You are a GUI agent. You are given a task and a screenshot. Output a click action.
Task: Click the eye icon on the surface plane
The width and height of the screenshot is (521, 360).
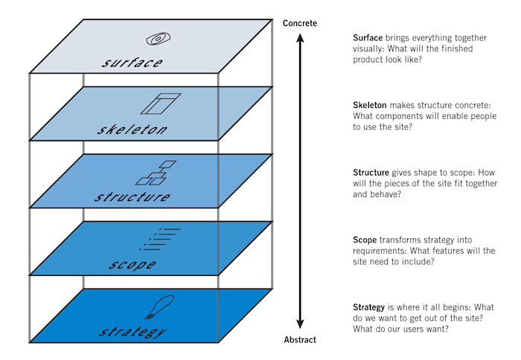click(159, 38)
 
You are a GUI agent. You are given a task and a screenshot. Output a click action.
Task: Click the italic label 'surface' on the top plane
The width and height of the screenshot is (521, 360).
click(131, 62)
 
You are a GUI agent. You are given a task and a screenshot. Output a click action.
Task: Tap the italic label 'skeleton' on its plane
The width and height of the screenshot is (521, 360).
click(132, 131)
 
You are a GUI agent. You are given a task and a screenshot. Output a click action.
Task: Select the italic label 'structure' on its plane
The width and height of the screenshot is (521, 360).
click(132, 198)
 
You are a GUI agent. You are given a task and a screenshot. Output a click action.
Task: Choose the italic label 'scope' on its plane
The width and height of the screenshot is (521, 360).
click(131, 265)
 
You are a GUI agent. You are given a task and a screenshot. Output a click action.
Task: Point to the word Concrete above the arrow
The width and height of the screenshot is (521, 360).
click(300, 23)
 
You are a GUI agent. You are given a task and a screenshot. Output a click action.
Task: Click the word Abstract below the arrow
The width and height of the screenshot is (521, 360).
click(300, 340)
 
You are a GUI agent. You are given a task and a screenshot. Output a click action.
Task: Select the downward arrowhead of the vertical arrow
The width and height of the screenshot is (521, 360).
click(300, 324)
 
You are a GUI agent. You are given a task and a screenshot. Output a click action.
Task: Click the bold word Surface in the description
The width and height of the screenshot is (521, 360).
click(368, 38)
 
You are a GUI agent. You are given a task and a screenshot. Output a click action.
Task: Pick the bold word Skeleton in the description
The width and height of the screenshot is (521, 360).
click(371, 105)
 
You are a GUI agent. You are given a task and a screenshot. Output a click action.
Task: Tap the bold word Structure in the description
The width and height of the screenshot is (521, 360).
click(371, 173)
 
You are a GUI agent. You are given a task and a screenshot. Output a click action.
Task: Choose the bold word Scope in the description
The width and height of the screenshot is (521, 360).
click(365, 240)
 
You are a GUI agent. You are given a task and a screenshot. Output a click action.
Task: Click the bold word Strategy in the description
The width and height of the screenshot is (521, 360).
click(370, 307)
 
